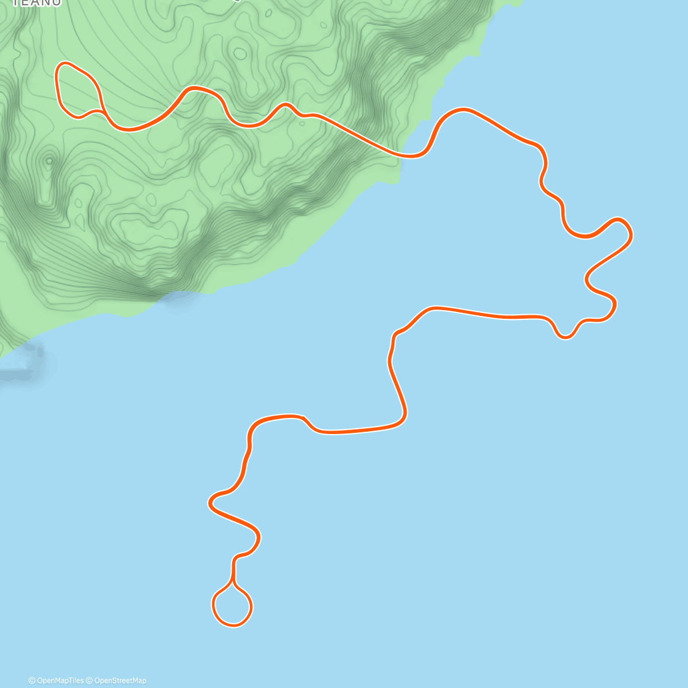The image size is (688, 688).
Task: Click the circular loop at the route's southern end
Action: click(232, 606)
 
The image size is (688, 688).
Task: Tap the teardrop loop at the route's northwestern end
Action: click(76, 89)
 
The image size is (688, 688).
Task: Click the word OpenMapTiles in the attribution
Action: click(60, 681)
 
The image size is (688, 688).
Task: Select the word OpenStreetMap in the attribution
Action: click(120, 681)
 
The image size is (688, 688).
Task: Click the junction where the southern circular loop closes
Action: click(233, 584)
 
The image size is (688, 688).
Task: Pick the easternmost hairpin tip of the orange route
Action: click(630, 233)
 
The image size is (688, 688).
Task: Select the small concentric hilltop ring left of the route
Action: click(49, 161)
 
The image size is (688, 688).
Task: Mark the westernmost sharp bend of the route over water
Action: click(211, 503)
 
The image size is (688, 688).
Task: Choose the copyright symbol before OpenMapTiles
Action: click(32, 681)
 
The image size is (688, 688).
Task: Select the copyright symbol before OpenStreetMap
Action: click(89, 681)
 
